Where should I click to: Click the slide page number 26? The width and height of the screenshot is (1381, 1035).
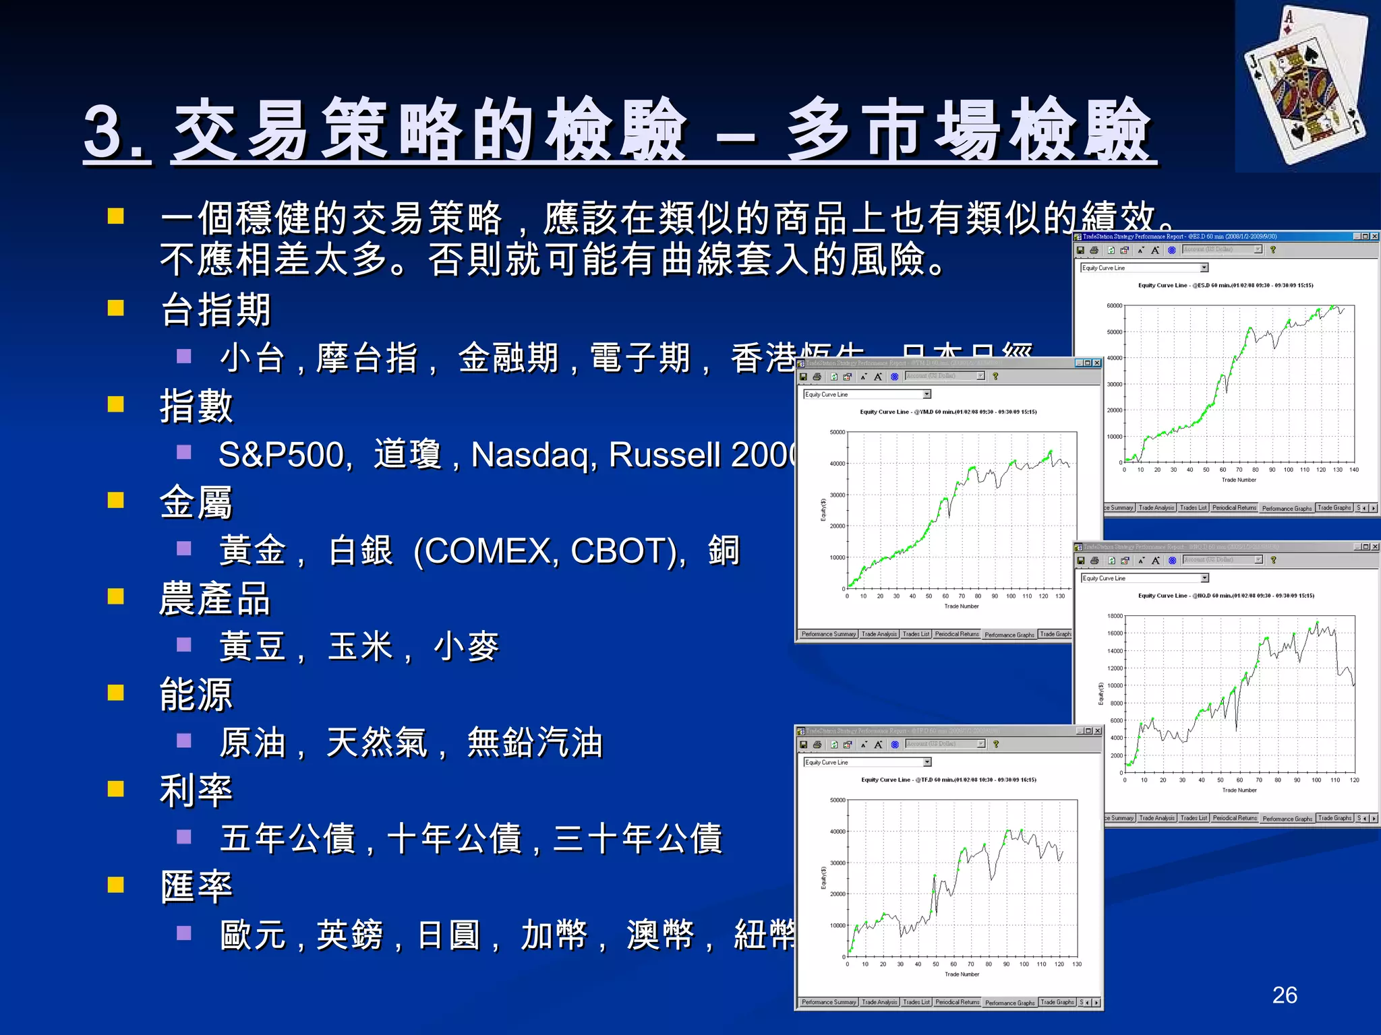1284,995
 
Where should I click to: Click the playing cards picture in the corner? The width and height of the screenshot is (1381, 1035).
1307,86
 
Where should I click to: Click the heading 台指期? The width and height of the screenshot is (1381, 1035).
215,310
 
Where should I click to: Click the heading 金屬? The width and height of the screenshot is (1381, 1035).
196,503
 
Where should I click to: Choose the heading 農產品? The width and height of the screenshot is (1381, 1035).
215,598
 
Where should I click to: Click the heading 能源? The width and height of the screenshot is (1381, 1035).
196,695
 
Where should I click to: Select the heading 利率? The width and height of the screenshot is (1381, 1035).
196,790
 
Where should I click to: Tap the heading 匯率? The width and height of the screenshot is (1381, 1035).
196,887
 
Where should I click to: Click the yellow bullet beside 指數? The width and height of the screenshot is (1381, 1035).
116,404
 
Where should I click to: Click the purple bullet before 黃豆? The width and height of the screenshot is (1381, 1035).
183,645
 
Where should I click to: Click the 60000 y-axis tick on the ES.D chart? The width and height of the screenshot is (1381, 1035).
1114,306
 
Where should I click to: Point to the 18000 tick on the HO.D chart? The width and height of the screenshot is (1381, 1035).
1115,616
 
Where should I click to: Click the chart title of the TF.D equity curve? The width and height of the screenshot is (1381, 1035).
948,780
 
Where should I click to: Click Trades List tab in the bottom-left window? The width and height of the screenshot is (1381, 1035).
916,1002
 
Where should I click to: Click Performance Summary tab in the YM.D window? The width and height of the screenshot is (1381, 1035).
829,634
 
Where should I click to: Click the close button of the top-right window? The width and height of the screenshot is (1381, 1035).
1374,237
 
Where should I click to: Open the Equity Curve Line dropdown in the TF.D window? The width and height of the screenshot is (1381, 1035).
927,762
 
